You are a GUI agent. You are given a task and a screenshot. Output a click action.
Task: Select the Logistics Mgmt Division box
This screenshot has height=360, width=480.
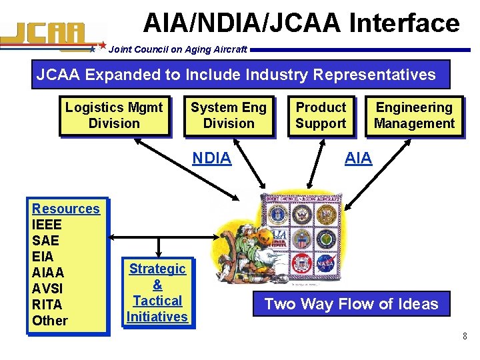point(114,115)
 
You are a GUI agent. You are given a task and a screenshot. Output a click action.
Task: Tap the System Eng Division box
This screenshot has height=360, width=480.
point(229,115)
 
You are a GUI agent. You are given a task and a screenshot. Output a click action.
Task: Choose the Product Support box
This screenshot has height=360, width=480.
point(321,115)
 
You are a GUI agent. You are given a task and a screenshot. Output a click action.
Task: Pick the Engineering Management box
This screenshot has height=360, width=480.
point(414,115)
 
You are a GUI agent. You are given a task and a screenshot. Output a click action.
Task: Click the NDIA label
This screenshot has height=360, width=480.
point(211,158)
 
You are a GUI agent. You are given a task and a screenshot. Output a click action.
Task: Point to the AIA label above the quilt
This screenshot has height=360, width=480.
point(358,158)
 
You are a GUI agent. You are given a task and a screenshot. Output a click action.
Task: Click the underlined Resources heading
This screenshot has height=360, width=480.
point(65,209)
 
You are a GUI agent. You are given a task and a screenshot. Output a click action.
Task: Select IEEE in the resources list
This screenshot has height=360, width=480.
point(47,225)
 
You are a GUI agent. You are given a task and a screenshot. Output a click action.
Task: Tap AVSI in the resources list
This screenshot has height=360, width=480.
point(47,289)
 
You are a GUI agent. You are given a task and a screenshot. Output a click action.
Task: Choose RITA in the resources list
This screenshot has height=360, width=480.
point(47,305)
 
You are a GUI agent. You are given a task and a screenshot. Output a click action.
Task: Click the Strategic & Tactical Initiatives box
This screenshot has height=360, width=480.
point(157,293)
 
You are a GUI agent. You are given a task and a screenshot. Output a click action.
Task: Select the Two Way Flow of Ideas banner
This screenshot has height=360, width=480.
point(351,305)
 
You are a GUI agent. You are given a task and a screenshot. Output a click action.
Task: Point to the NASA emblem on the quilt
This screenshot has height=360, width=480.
point(326,265)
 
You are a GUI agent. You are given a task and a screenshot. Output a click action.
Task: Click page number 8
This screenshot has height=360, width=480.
point(465,336)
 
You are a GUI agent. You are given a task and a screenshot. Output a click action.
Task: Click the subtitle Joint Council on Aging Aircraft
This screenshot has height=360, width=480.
point(177,49)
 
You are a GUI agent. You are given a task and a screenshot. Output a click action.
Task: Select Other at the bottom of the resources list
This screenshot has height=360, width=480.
point(50,321)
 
